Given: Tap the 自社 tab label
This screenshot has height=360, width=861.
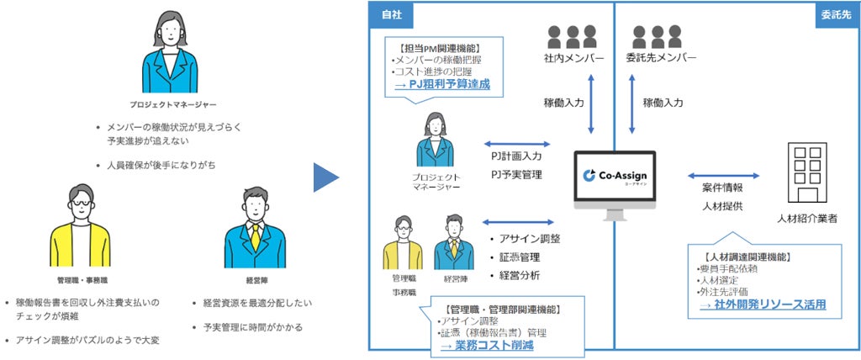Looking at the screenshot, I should pyautogui.click(x=392, y=14).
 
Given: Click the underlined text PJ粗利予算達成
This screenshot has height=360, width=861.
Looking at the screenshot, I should pyautogui.click(x=447, y=84).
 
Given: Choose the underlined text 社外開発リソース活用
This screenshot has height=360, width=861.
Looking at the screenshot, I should pyautogui.click(x=767, y=304).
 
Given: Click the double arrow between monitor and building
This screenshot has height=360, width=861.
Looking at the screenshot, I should pyautogui.click(x=723, y=176).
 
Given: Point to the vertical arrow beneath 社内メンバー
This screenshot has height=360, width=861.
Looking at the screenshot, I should pyautogui.click(x=592, y=103).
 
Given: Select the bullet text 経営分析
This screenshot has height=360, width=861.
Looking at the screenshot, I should pyautogui.click(x=520, y=275).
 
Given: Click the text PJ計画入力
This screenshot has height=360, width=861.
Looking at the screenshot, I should pyautogui.click(x=517, y=156).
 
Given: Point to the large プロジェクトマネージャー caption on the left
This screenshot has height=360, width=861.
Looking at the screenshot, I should pyautogui.click(x=173, y=104).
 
